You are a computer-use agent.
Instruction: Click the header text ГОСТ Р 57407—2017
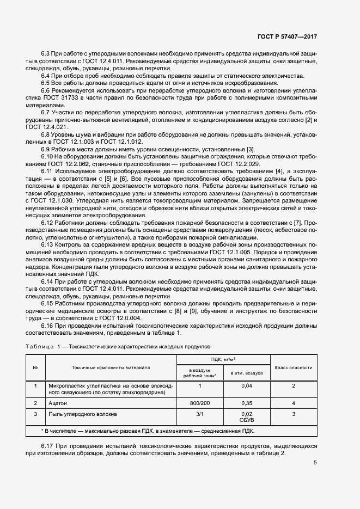[x=287, y=37]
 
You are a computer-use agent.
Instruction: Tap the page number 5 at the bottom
[x=315, y=463]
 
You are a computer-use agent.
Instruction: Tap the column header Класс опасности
[x=293, y=368]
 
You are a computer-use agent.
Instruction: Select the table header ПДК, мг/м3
[x=223, y=360]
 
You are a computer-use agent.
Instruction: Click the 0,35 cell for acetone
[x=247, y=403]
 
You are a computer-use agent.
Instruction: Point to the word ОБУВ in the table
[x=247, y=420]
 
